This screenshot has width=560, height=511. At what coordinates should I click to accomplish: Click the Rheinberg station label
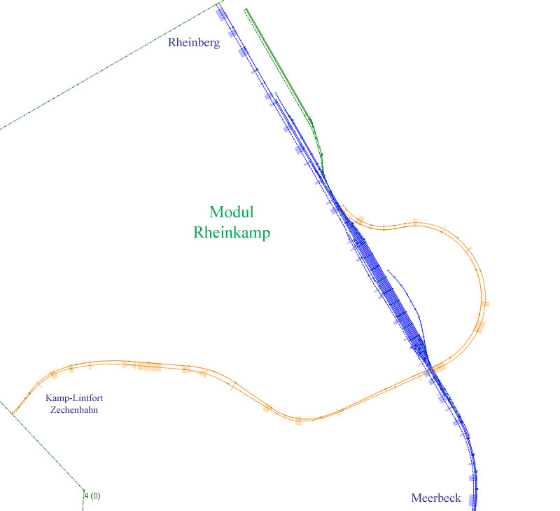(x=194, y=43)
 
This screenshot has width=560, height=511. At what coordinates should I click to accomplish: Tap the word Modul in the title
(x=231, y=212)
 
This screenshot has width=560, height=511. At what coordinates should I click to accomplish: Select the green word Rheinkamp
(x=232, y=233)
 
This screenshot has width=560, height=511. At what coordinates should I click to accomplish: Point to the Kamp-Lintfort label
(x=74, y=398)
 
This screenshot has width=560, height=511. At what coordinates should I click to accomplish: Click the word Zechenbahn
(x=74, y=409)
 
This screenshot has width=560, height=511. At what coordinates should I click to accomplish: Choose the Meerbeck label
(x=435, y=498)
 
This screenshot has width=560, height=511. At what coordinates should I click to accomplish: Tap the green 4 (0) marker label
(x=92, y=496)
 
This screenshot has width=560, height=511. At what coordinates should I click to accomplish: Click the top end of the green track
(x=246, y=9)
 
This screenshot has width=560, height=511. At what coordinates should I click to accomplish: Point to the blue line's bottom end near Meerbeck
(x=475, y=507)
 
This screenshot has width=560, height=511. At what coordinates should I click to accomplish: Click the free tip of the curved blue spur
(x=388, y=269)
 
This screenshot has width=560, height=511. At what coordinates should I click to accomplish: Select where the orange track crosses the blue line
(x=433, y=368)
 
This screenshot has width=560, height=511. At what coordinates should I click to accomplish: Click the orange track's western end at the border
(x=12, y=413)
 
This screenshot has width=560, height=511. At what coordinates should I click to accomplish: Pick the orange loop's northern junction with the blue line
(x=344, y=207)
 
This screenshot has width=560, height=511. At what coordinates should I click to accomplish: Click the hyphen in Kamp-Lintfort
(x=69, y=398)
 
